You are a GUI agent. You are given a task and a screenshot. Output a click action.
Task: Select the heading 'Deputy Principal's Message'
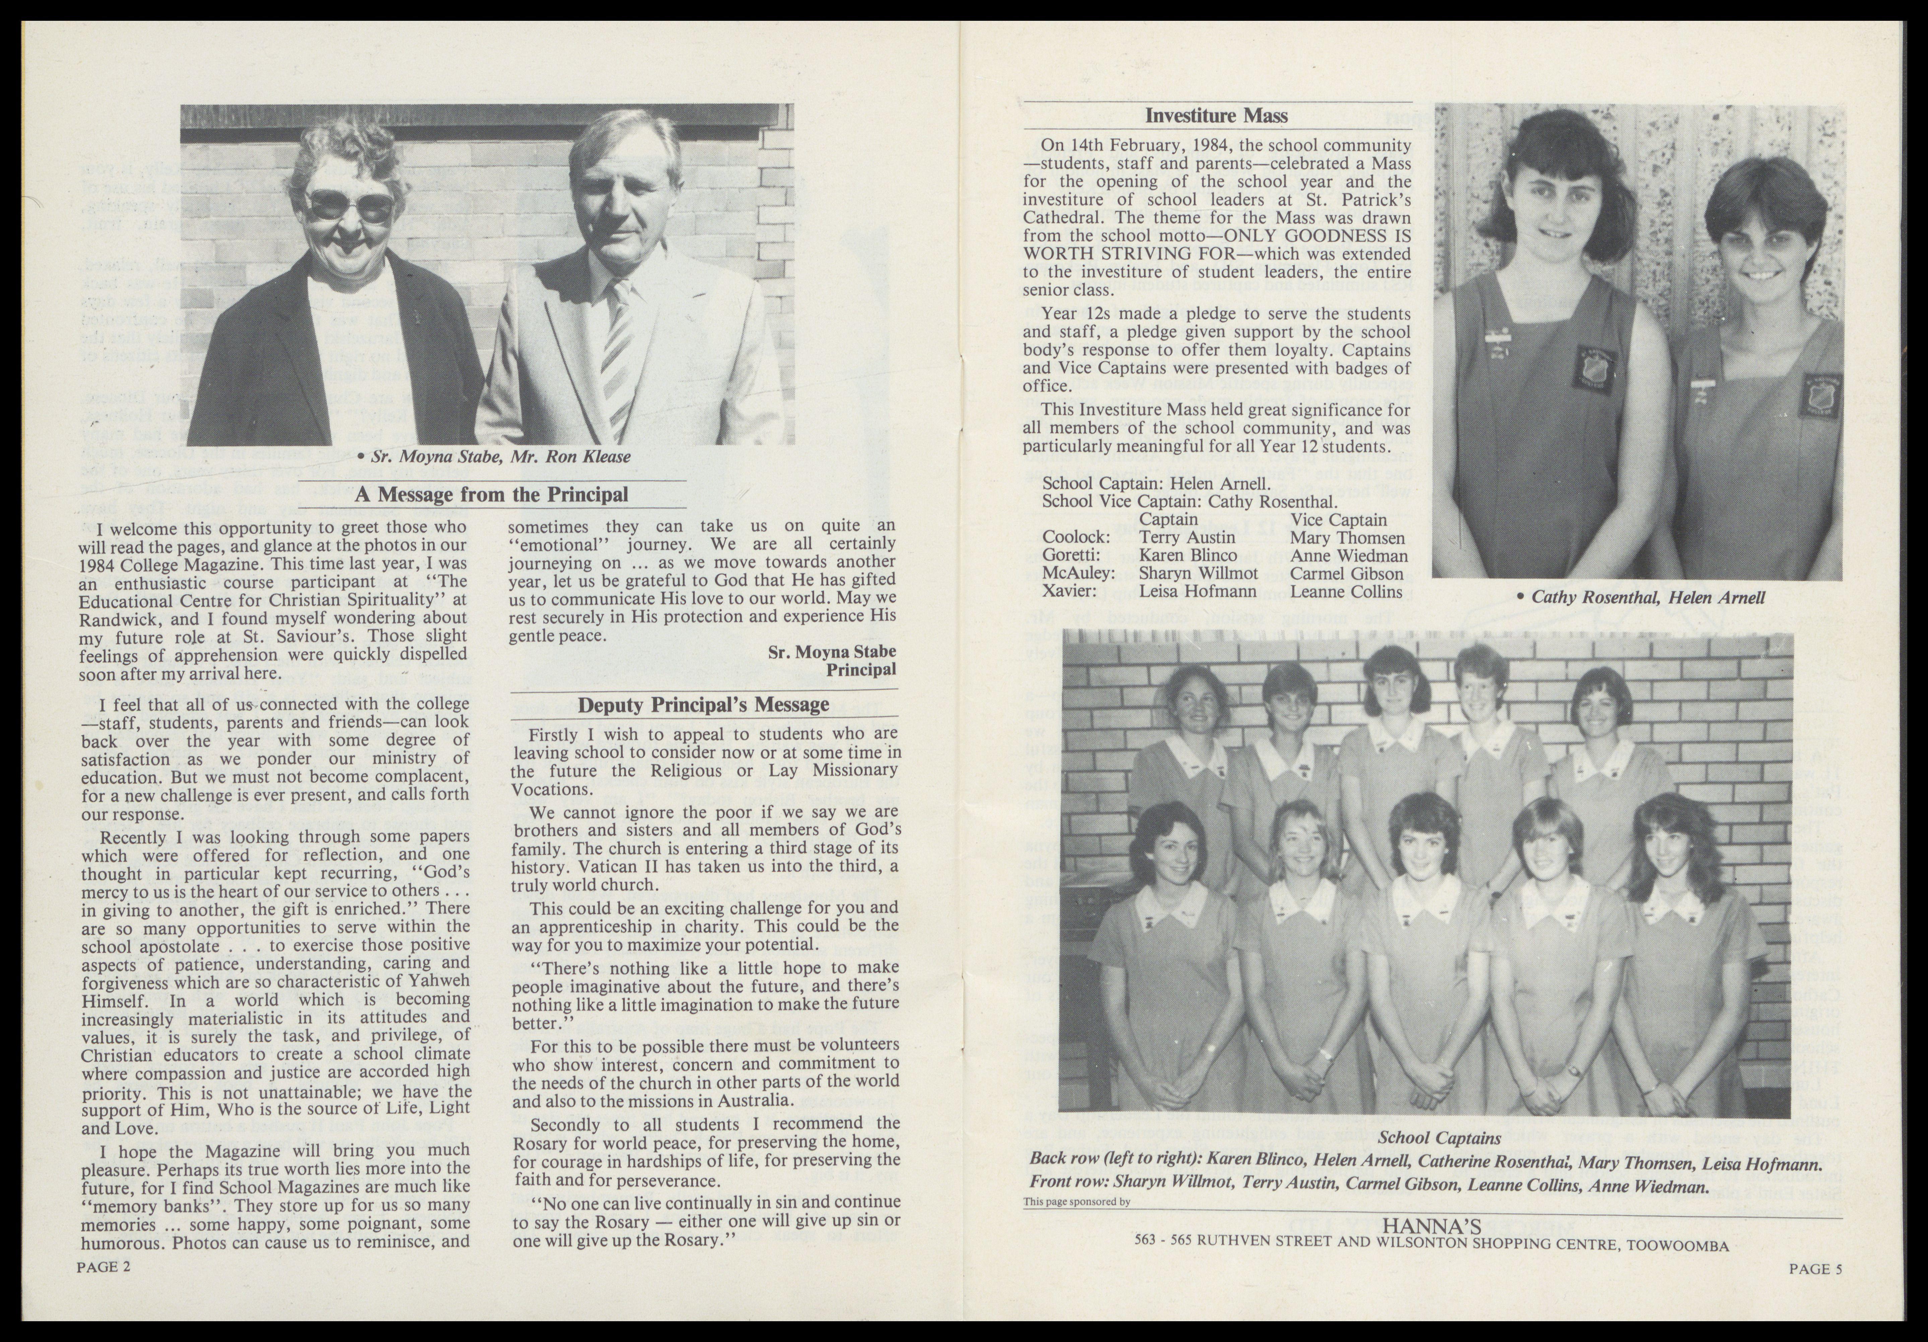point(704,705)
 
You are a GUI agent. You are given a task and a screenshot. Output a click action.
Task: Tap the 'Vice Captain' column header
point(1339,520)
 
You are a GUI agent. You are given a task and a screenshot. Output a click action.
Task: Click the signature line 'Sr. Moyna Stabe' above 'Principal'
point(831,652)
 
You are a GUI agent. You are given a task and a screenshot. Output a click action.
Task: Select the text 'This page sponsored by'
point(1077,1202)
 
